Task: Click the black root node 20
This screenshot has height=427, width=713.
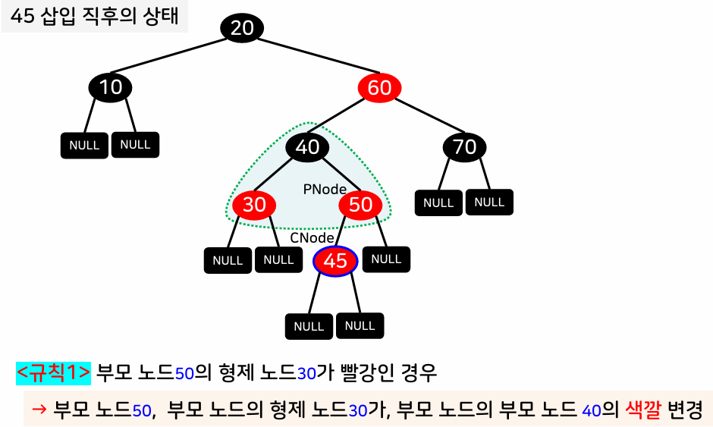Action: click(242, 28)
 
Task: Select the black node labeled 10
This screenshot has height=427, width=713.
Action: click(111, 87)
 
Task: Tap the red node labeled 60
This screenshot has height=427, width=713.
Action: click(379, 88)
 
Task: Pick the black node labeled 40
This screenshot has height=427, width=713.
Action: click(307, 146)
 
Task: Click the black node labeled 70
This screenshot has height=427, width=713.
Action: click(464, 146)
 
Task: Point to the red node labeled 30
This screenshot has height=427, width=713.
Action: click(254, 204)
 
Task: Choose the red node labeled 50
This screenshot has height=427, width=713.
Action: click(360, 204)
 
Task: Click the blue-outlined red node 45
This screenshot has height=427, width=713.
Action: click(335, 261)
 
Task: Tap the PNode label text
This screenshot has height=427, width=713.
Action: click(325, 190)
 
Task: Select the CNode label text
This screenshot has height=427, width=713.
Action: click(313, 238)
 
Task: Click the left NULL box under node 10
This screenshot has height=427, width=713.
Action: click(84, 145)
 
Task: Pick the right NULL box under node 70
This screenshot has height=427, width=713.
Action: click(489, 202)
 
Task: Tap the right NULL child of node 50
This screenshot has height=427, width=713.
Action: click(386, 259)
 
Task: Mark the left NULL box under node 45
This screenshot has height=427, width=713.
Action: click(309, 326)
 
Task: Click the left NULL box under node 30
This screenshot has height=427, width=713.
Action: click(228, 260)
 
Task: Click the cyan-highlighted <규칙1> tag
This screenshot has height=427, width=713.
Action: click(53, 373)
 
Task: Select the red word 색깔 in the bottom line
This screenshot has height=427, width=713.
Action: click(644, 410)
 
